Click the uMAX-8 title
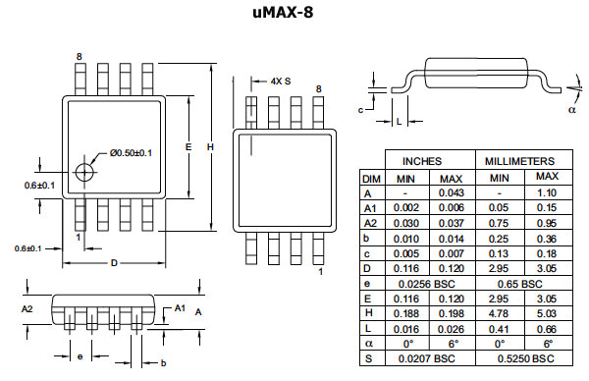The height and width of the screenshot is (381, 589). click(x=294, y=17)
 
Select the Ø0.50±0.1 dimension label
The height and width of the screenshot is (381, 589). click(x=131, y=152)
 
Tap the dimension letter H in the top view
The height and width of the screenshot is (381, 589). click(x=209, y=146)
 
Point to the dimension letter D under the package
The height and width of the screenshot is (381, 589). click(x=114, y=263)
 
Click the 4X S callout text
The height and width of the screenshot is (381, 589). click(x=280, y=82)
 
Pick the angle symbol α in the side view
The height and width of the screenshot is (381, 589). click(x=572, y=110)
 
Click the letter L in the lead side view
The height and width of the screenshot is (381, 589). click(x=398, y=122)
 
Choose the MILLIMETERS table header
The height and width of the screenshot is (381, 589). click(x=521, y=161)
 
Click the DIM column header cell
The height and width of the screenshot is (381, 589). click(x=371, y=179)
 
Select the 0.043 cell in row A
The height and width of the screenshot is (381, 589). click(x=450, y=193)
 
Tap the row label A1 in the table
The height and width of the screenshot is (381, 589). click(x=371, y=208)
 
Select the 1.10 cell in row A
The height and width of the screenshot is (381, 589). click(x=548, y=193)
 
